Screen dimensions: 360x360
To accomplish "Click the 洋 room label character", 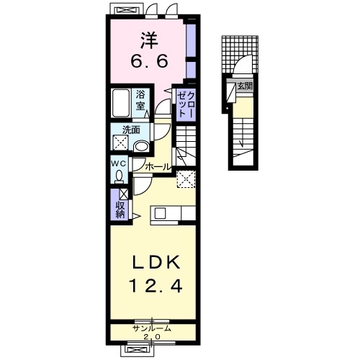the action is coord(149,40).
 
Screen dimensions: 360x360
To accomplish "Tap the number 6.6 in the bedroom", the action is coord(149,62).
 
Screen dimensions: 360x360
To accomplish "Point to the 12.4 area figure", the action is coord(156,287).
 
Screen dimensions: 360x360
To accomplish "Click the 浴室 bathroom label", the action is coord(140,101).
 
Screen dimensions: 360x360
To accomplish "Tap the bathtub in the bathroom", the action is coord(121,103).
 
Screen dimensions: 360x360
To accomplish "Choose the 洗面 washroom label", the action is coord(131,130).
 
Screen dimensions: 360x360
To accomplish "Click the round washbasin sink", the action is coord(141,147).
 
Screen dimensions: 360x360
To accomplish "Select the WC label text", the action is coord(118,163).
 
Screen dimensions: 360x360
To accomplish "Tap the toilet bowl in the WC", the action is coord(119,176).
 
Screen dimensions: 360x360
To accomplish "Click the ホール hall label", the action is coord(158,167).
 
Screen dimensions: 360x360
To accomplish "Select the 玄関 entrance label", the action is coord(245,86).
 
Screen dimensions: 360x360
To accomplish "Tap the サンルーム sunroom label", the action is coord(153,328).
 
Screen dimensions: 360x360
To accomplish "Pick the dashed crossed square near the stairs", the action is coord(186,179).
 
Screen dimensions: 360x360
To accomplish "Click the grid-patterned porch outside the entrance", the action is coord(240,55).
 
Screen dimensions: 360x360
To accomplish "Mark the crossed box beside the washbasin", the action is coord(121,143).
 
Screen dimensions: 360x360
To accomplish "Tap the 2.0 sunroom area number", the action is coord(152,337).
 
